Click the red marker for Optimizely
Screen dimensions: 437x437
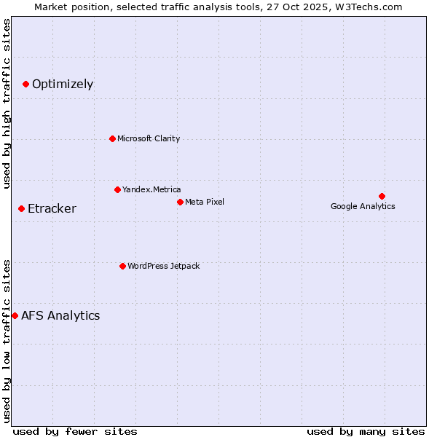coord(25,84)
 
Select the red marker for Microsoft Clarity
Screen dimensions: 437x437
coord(112,138)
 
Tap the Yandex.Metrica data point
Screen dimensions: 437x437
coord(117,189)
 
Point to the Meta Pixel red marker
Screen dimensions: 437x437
coord(180,202)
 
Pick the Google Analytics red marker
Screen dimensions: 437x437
coord(382,196)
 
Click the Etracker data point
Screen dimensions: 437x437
coord(21,209)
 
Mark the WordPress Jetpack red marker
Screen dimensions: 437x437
coord(122,266)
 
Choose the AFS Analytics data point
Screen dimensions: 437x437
coord(15,315)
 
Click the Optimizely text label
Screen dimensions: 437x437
coord(63,84)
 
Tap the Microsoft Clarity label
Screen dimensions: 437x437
coord(149,138)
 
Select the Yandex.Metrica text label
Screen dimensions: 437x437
coord(151,189)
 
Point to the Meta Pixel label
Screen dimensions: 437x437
coord(205,202)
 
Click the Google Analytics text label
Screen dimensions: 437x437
coord(363,206)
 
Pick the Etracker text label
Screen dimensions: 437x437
coord(52,209)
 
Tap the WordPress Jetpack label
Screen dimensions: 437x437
coord(163,266)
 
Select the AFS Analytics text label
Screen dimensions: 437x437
coord(60,315)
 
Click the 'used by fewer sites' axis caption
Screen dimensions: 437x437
coord(75,431)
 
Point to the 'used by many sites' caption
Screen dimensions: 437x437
coord(366,431)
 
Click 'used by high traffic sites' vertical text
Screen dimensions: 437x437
coord(7,103)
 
